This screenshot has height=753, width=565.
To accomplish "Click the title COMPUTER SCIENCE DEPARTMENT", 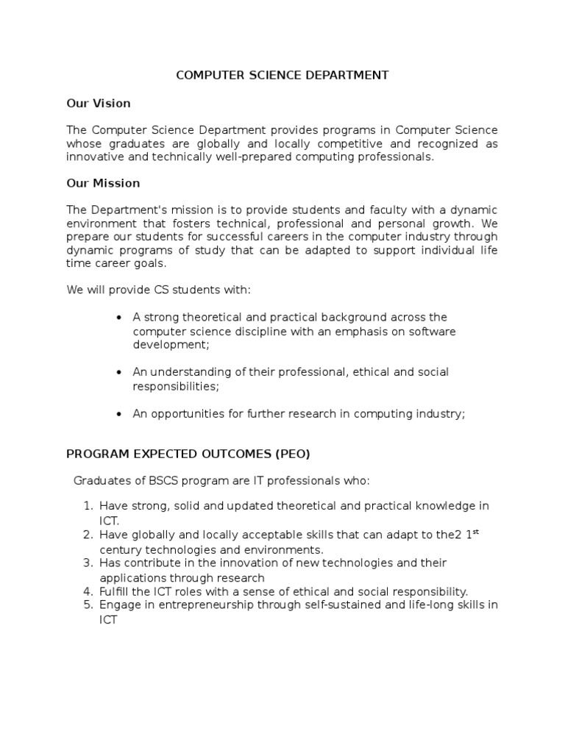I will point(282,76).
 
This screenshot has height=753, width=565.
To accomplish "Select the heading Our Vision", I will point(99,104).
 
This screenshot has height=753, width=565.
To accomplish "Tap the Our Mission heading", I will point(103,183).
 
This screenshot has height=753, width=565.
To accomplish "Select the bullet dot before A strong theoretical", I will point(118,318).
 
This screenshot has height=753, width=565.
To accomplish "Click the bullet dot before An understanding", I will point(118,373).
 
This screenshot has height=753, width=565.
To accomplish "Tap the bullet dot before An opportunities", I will point(118,415).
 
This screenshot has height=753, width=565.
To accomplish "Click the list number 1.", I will point(87,507).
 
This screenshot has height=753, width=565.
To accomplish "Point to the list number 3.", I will point(87,563).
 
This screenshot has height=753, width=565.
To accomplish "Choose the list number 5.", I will point(87,605).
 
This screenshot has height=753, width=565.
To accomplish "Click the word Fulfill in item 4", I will point(114,591).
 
